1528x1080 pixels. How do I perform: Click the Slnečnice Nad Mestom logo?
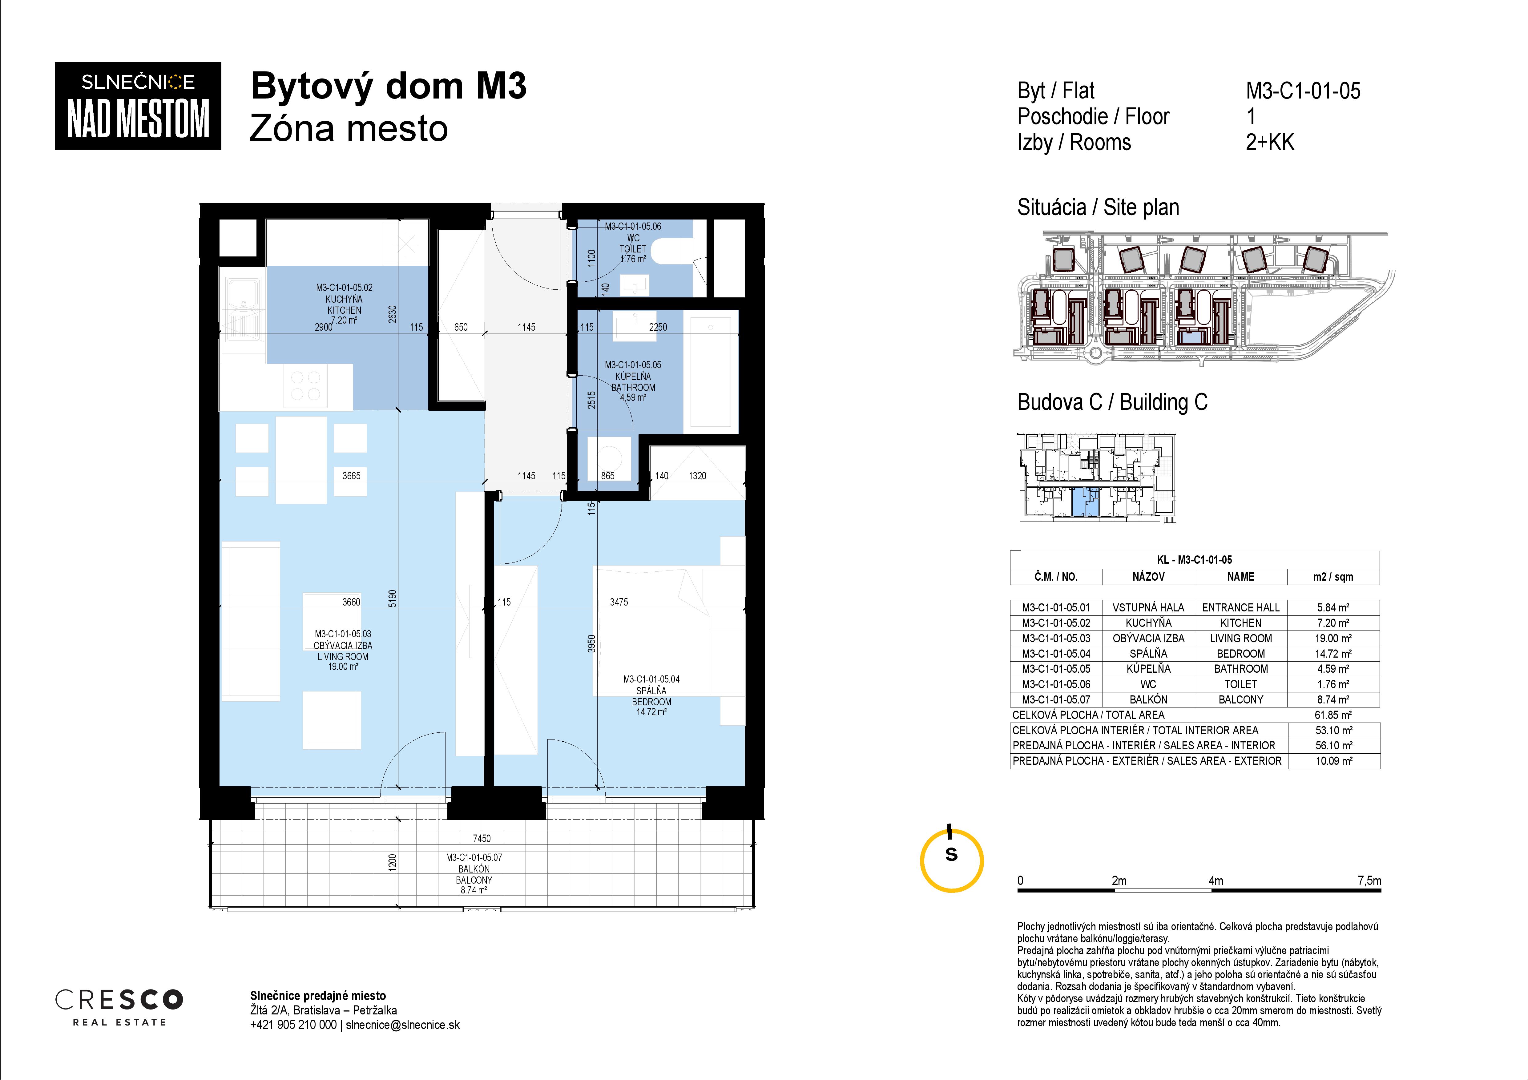point(138,106)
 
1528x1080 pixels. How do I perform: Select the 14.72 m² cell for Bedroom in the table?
point(1333,654)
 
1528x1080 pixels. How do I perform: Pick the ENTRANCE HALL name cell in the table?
point(1240,607)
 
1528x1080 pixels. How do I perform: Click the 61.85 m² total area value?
point(1333,715)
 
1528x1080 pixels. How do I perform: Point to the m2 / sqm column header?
point(1333,577)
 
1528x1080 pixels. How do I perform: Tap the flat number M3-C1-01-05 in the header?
point(1303,91)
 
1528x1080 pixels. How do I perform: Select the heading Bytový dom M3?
point(389,87)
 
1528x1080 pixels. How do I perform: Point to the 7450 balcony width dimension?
point(482,838)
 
